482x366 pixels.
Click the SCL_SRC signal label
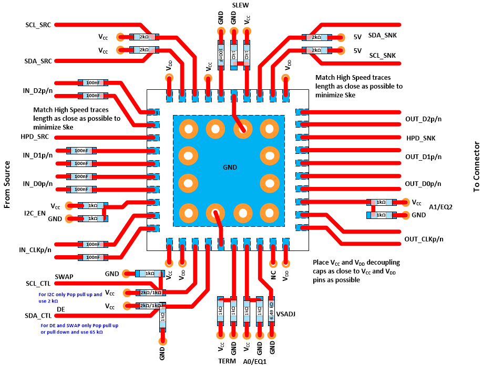point(38,25)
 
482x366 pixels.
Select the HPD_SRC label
point(36,137)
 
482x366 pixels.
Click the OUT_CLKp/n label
point(424,239)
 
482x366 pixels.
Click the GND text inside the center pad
point(230,168)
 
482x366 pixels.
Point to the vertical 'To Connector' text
point(476,168)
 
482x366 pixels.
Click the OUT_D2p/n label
point(424,119)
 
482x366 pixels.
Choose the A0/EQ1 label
point(256,361)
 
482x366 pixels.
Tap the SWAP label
point(64,276)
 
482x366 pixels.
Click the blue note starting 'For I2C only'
point(71,298)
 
